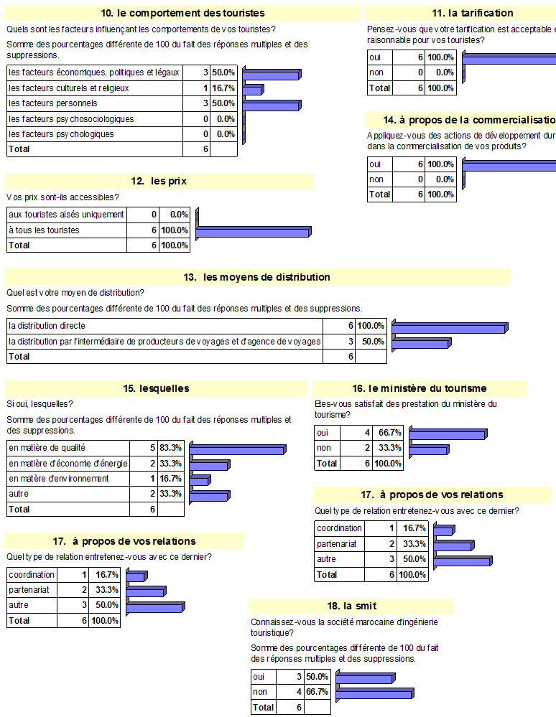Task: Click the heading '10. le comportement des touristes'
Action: click(x=182, y=13)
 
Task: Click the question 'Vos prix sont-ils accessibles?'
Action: click(x=62, y=197)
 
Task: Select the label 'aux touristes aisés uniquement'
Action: click(x=66, y=214)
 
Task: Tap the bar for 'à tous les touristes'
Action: click(x=254, y=231)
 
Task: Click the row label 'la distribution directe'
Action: click(x=47, y=325)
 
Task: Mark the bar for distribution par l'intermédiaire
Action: click(x=421, y=342)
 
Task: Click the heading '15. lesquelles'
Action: click(x=156, y=388)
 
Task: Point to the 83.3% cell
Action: click(x=170, y=448)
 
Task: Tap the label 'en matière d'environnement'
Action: click(x=59, y=479)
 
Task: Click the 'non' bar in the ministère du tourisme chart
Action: click(x=428, y=450)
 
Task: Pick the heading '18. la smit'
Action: click(x=351, y=606)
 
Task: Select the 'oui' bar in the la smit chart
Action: click(x=363, y=678)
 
